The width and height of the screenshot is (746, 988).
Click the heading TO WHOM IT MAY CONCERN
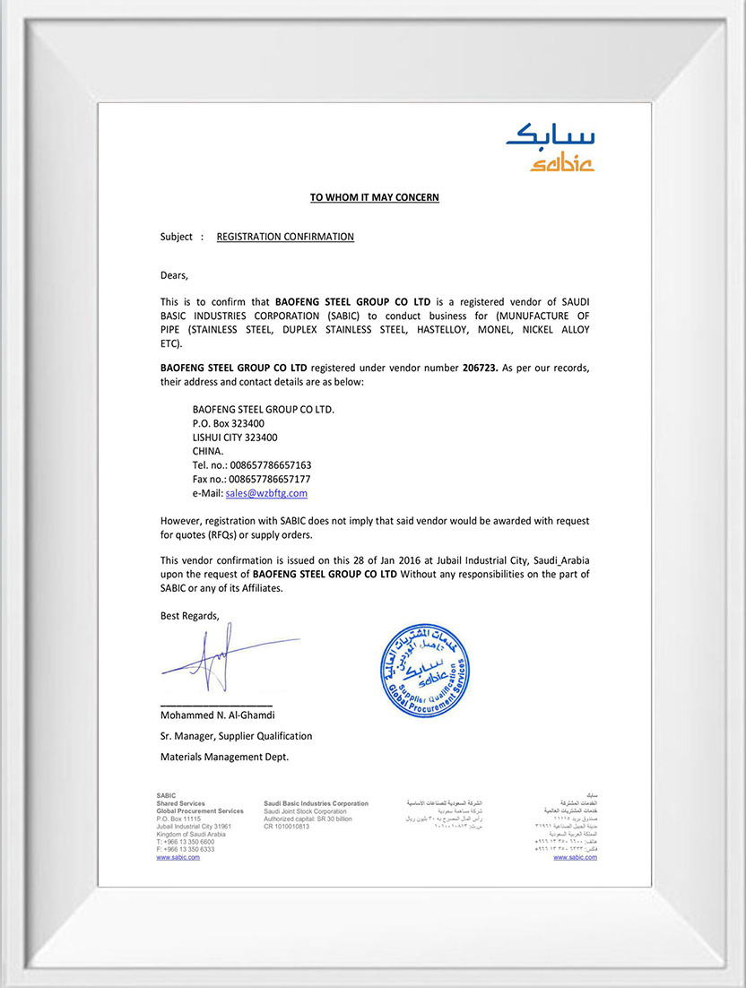[x=374, y=197]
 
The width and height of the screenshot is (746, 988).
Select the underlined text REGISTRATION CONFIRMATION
[x=285, y=237]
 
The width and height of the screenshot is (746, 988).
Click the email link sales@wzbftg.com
[x=266, y=493]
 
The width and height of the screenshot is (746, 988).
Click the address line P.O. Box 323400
[x=228, y=422]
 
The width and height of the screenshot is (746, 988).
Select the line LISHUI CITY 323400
[x=235, y=437]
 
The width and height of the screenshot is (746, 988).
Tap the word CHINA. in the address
[x=208, y=451]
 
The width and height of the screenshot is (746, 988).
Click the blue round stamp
[x=420, y=672]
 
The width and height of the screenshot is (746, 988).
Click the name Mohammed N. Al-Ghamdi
[x=217, y=715]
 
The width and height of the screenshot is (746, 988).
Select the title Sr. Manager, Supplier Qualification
[x=236, y=736]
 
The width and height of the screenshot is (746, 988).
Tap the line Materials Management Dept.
[x=224, y=757]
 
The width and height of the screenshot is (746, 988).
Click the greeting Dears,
[x=174, y=275]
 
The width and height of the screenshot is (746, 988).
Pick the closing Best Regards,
[x=189, y=615]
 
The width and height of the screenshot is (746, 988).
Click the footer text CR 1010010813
[x=286, y=827]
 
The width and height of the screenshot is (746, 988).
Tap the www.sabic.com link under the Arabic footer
[x=575, y=858]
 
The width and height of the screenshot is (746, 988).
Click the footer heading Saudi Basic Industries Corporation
[x=316, y=803]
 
